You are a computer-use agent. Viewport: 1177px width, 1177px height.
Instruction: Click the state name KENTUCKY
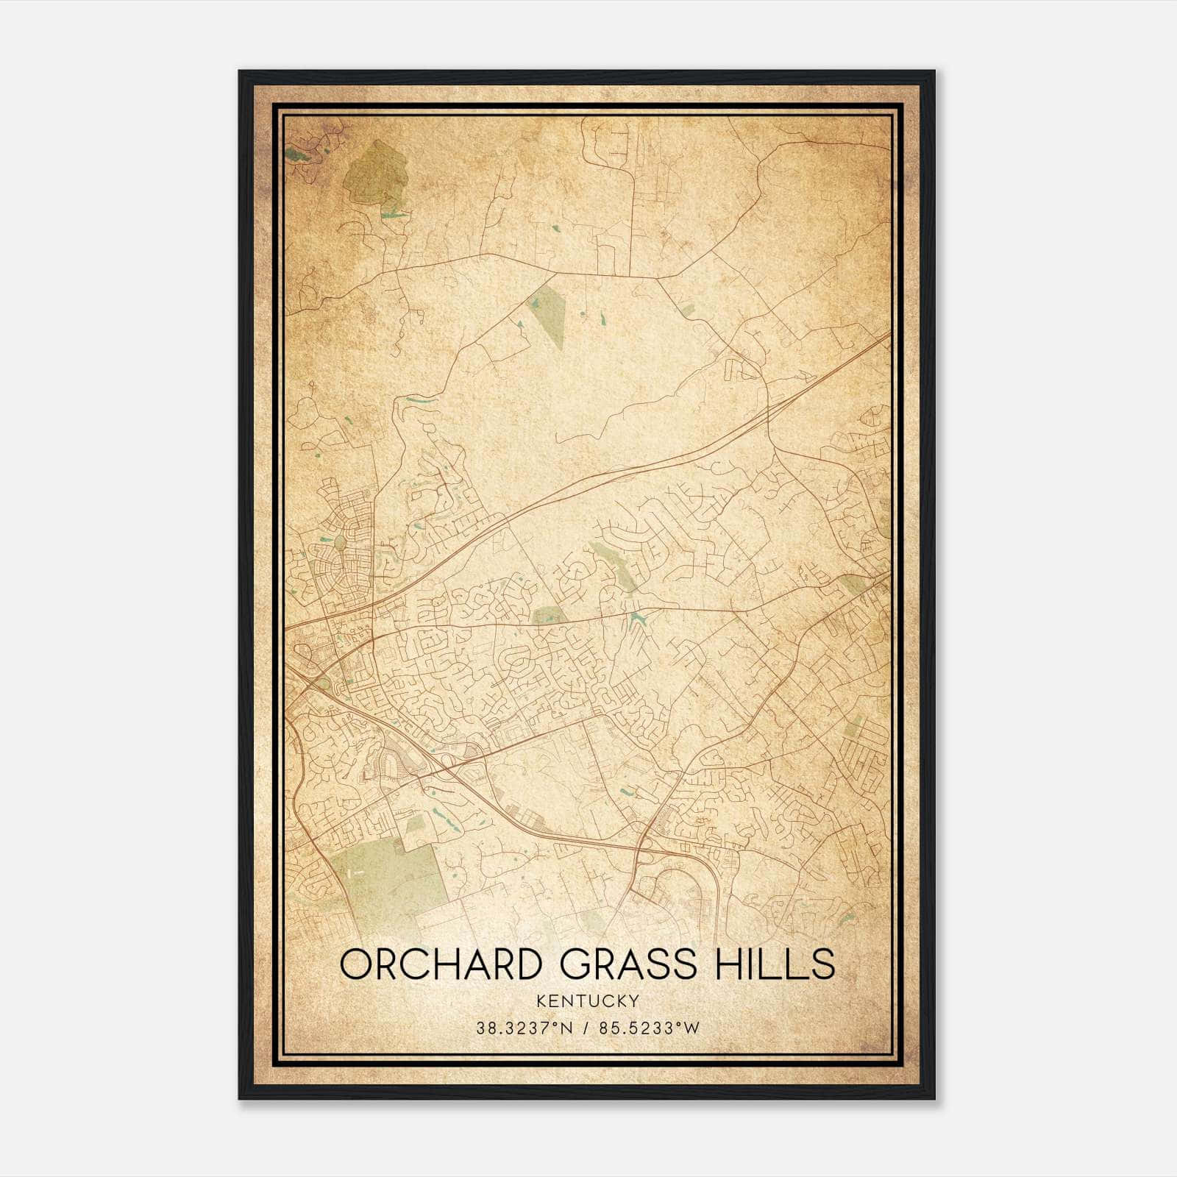coord(588,1001)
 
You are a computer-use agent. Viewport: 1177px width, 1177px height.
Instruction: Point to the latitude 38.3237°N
coord(523,1028)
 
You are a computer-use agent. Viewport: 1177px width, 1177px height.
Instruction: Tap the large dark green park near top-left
coord(376,173)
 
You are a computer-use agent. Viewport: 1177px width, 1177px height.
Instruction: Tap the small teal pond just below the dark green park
coord(392,215)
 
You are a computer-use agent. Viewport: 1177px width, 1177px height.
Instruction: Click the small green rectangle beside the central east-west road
coord(549,616)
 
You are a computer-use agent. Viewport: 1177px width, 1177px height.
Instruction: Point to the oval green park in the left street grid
coord(340,543)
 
